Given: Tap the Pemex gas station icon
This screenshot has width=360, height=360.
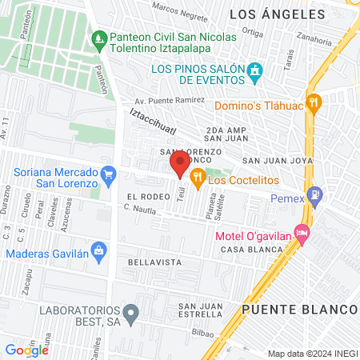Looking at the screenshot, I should click(x=317, y=194).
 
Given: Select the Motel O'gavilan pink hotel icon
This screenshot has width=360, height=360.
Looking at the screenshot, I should click(x=302, y=234).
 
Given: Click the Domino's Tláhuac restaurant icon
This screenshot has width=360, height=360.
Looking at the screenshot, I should click(x=314, y=102).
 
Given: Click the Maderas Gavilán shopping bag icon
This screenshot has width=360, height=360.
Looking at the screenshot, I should click(x=98, y=250).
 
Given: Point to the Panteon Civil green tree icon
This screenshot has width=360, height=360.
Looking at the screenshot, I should click(x=99, y=37).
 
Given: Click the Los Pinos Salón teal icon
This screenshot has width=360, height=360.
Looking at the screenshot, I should click(x=255, y=73).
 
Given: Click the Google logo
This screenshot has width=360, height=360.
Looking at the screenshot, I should click(x=27, y=349).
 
